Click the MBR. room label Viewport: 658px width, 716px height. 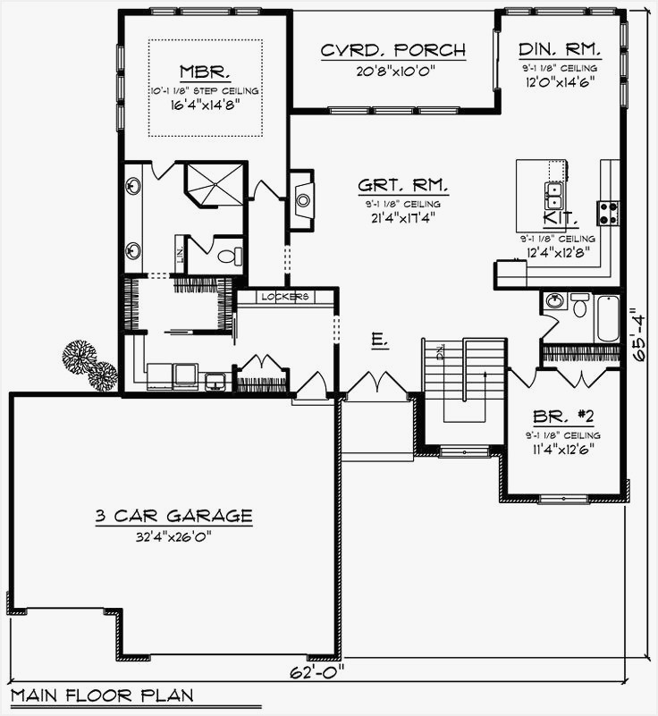(x=205, y=72)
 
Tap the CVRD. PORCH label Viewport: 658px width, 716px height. (x=393, y=51)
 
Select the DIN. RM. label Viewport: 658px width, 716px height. (x=561, y=50)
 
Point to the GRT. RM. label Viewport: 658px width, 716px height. (x=403, y=186)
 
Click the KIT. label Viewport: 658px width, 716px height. (x=561, y=218)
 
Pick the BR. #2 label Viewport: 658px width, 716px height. (x=561, y=417)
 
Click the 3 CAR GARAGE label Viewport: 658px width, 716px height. (x=174, y=516)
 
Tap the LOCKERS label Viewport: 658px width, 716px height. (x=285, y=296)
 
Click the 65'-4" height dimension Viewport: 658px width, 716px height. (x=637, y=334)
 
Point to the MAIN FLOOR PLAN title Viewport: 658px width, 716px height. (x=100, y=695)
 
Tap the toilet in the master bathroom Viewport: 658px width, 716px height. (x=232, y=257)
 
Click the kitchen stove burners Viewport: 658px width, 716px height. (x=610, y=213)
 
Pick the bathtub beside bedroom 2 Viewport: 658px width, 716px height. (x=607, y=317)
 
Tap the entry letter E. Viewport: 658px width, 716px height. (x=378, y=340)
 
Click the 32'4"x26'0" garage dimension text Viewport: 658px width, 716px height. (x=174, y=538)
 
